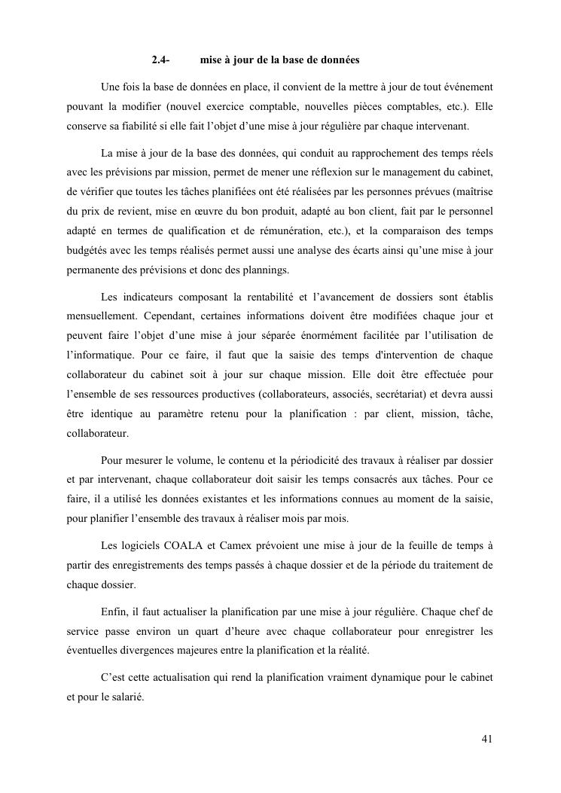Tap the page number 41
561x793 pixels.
[x=487, y=738]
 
